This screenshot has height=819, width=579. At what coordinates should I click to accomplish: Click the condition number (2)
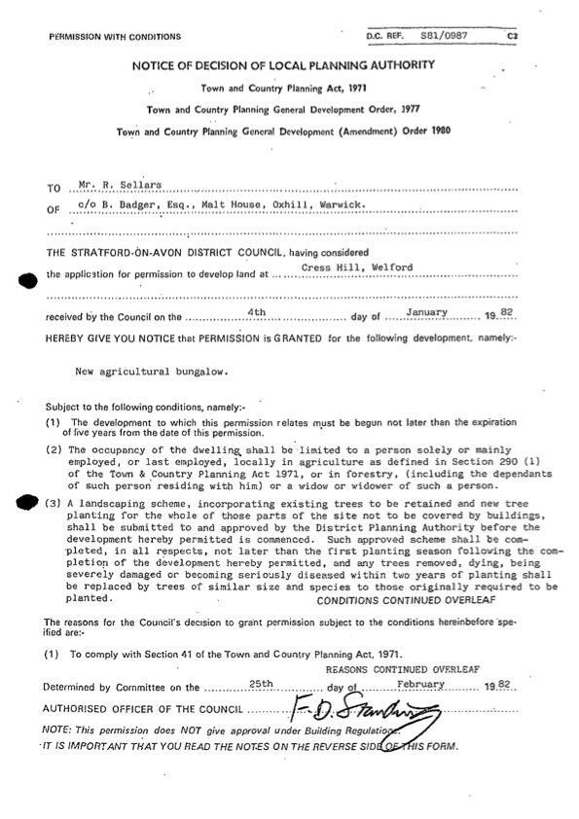[54, 449]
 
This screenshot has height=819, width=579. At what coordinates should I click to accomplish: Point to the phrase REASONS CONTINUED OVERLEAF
[413, 671]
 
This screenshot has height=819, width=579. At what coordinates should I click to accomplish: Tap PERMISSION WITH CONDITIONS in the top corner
[114, 37]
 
